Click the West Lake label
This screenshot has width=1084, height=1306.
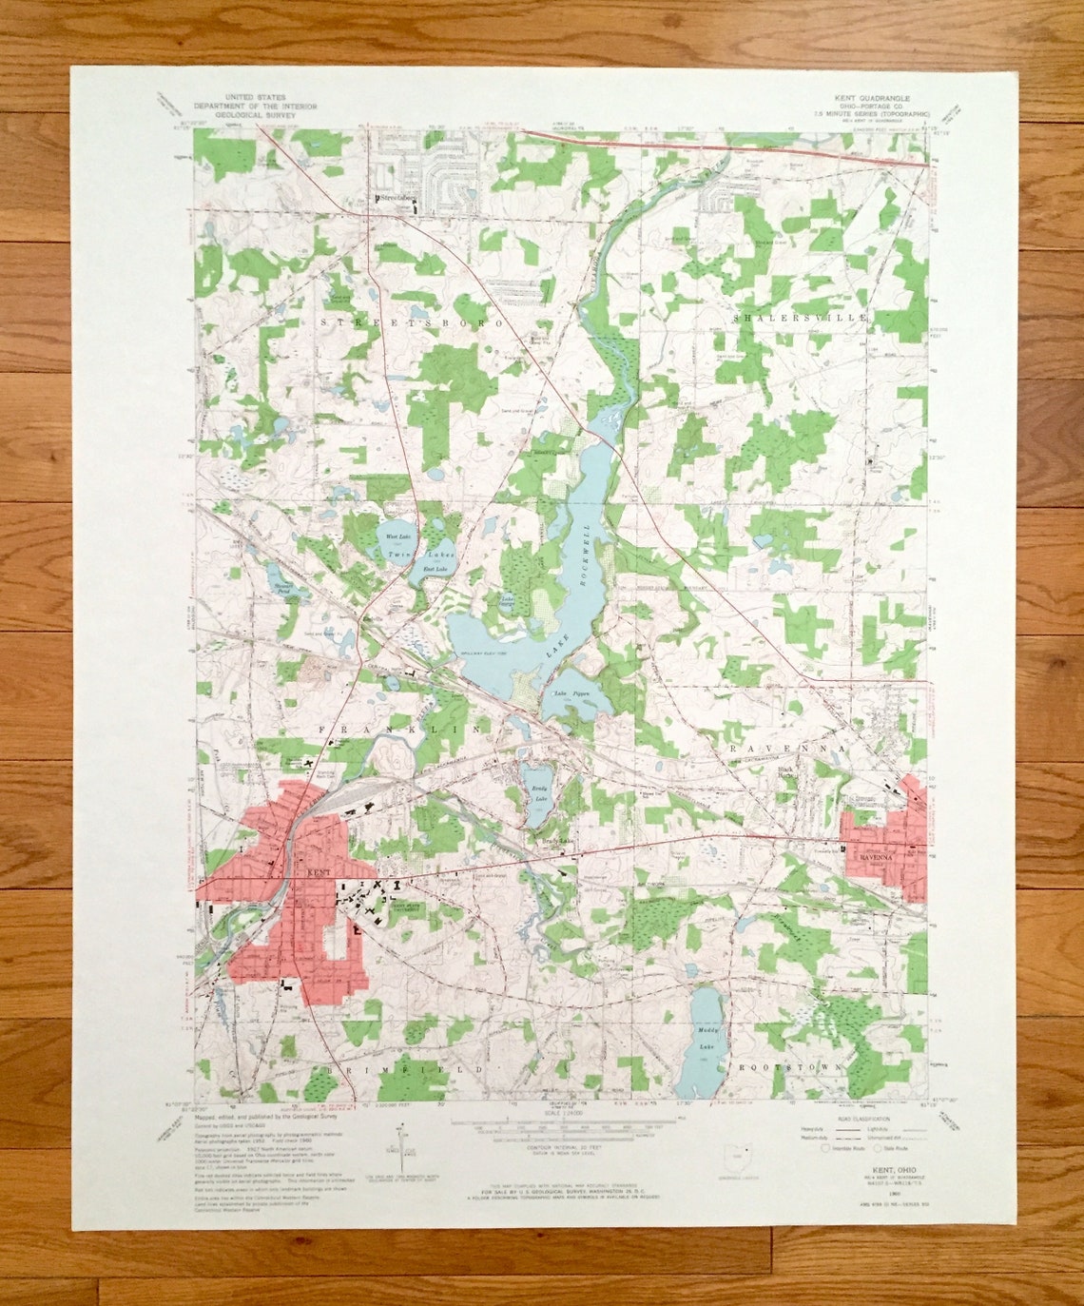click(396, 537)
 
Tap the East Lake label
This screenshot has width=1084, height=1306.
click(435, 569)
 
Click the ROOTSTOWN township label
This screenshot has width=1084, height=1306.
click(788, 1067)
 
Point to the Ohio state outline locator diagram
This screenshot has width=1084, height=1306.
click(737, 1160)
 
